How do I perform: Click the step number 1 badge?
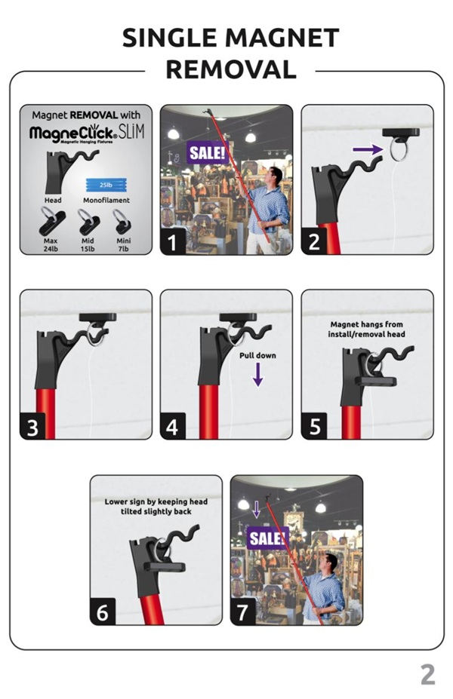(173, 242)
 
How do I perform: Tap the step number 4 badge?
(173, 427)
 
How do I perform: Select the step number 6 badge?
(103, 612)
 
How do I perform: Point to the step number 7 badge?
(243, 612)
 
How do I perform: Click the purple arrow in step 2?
(368, 149)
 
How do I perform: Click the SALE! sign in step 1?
(208, 153)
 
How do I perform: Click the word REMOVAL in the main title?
(231, 70)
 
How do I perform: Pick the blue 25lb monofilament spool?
(106, 185)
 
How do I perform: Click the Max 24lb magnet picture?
(52, 222)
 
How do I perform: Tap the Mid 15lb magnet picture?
(88, 222)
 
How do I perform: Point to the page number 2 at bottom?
(427, 675)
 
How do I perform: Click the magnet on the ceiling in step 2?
(401, 133)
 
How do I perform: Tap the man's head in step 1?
(276, 174)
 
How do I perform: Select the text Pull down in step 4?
(257, 355)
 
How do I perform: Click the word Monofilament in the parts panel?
(106, 200)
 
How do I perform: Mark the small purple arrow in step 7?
(256, 509)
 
